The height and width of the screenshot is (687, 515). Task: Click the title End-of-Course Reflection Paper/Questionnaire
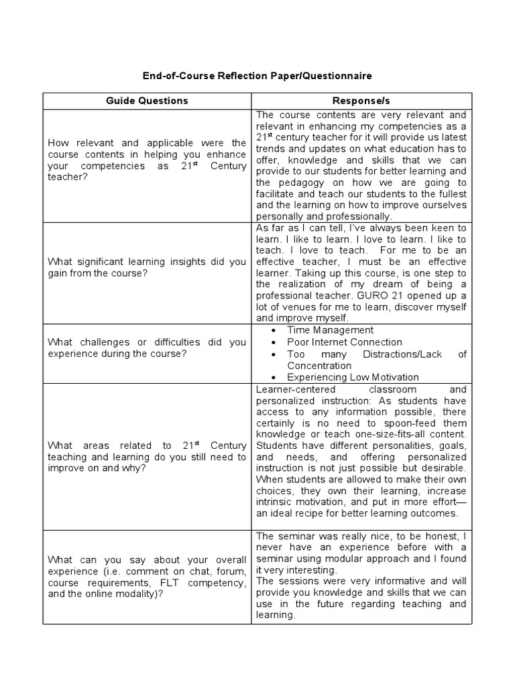(x=257, y=76)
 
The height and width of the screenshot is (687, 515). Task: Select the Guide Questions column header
(x=147, y=101)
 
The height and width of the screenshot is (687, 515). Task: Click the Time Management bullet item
(x=330, y=330)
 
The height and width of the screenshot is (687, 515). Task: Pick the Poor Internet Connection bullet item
(x=345, y=342)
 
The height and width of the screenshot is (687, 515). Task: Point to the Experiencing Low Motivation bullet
(x=353, y=377)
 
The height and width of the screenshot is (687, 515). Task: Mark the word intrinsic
(x=274, y=502)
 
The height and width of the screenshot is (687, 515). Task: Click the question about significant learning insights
(x=147, y=267)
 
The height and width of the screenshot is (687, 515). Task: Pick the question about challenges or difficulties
(x=147, y=348)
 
